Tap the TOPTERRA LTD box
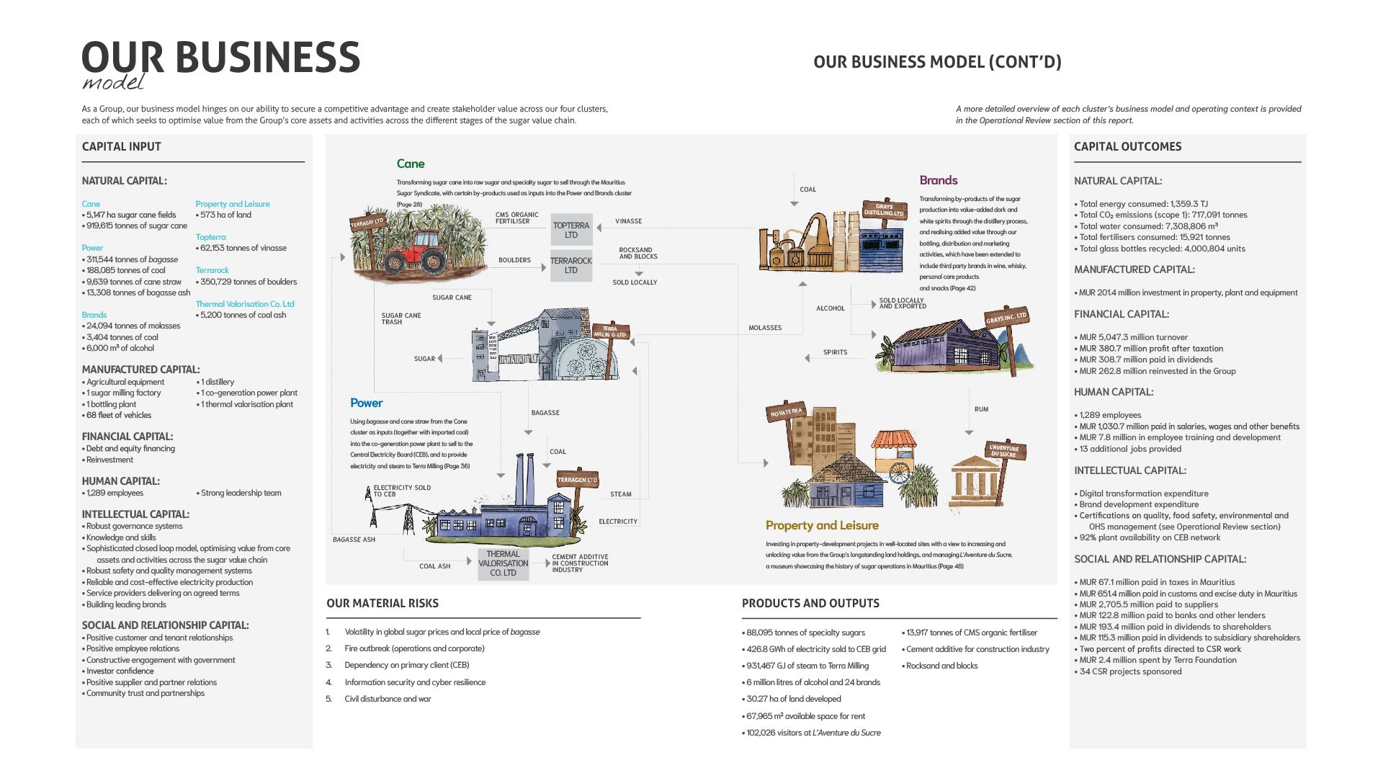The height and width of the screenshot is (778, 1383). click(x=571, y=230)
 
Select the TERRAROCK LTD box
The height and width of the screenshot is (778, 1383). click(x=571, y=265)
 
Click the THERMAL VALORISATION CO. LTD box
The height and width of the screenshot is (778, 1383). click(x=503, y=564)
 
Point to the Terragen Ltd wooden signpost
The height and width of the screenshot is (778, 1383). click(x=577, y=480)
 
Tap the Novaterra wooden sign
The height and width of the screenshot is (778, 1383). click(x=786, y=412)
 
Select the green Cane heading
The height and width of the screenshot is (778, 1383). click(x=411, y=164)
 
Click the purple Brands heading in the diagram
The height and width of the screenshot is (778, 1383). click(x=938, y=180)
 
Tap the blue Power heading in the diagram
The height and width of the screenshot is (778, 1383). click(x=366, y=403)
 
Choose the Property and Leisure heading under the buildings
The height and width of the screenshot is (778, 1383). click(x=822, y=525)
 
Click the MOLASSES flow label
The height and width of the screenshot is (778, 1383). click(x=765, y=328)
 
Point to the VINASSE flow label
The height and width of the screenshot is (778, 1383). click(x=628, y=221)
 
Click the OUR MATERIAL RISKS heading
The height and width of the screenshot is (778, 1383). click(x=382, y=604)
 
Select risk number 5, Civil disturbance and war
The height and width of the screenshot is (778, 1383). click(x=388, y=699)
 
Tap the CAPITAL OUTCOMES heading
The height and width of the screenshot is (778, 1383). click(x=1127, y=146)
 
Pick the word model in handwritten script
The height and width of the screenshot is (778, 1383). click(x=113, y=82)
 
